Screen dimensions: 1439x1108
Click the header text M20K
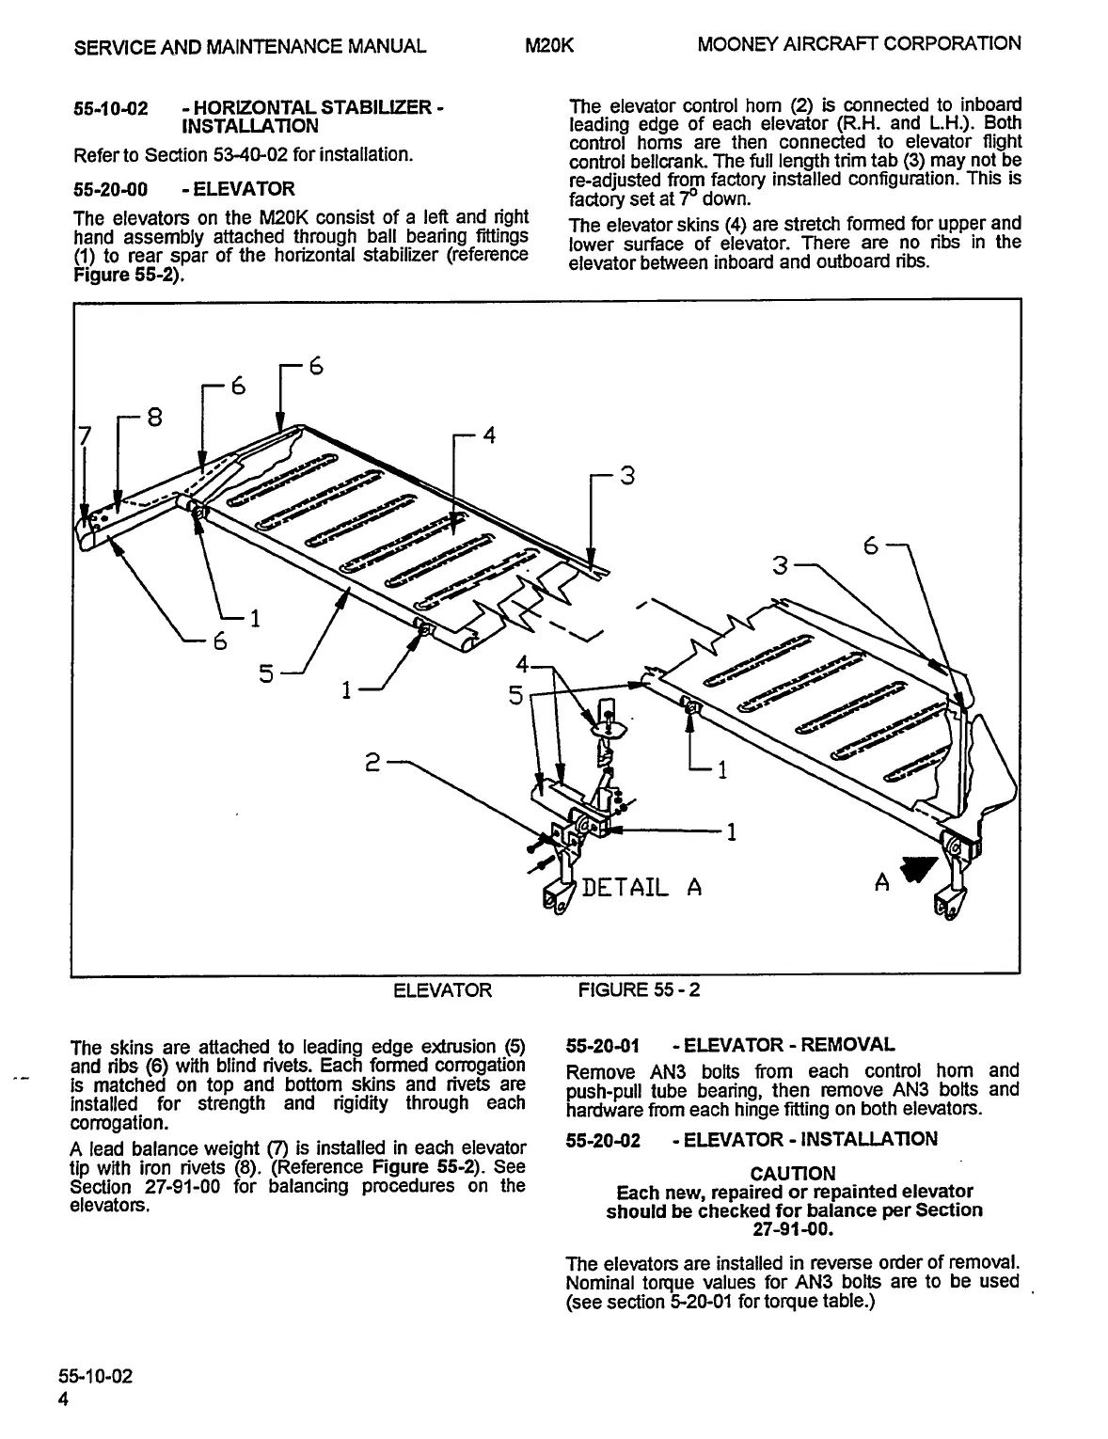550,45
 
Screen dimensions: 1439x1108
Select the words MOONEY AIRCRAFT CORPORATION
859,43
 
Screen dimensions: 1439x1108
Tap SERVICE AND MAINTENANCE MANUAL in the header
249,45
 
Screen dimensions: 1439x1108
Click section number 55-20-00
110,188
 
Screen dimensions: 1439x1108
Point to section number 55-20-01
603,1045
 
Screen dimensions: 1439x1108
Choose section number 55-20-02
603,1140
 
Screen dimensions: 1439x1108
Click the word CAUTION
792,1173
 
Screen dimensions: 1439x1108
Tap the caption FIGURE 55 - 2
639,989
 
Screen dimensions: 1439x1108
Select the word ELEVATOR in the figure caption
441,989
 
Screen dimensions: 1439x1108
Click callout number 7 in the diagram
84,436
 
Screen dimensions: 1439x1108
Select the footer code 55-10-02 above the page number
102,1377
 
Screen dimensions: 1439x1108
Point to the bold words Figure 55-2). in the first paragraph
128,276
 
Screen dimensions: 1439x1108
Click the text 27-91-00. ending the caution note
793,1228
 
